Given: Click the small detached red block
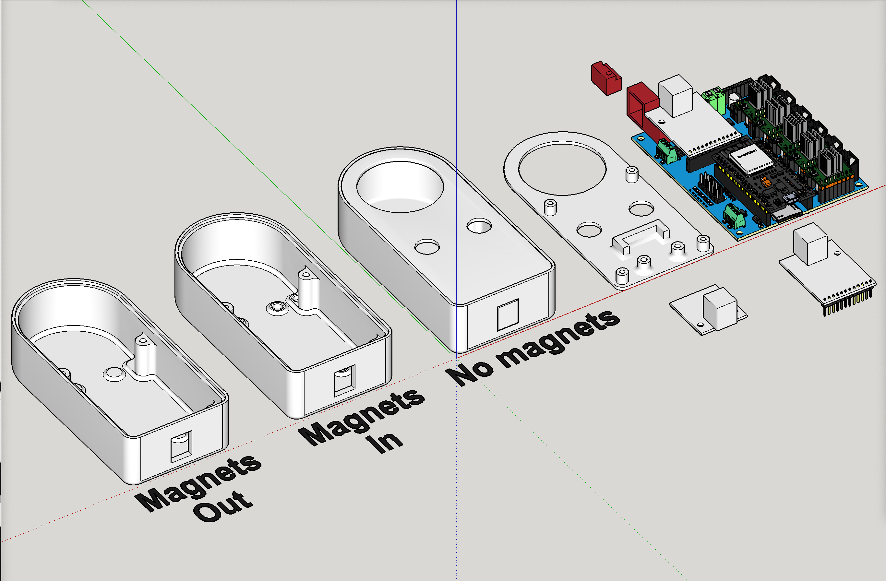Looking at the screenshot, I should tap(606, 78).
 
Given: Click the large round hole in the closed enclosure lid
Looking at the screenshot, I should tap(400, 186).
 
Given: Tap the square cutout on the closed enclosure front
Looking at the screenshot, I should tap(508, 314).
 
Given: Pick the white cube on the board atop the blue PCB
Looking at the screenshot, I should tap(675, 95).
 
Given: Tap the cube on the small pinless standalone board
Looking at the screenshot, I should tap(719, 308).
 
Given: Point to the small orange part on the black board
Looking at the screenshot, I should tap(766, 183).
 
